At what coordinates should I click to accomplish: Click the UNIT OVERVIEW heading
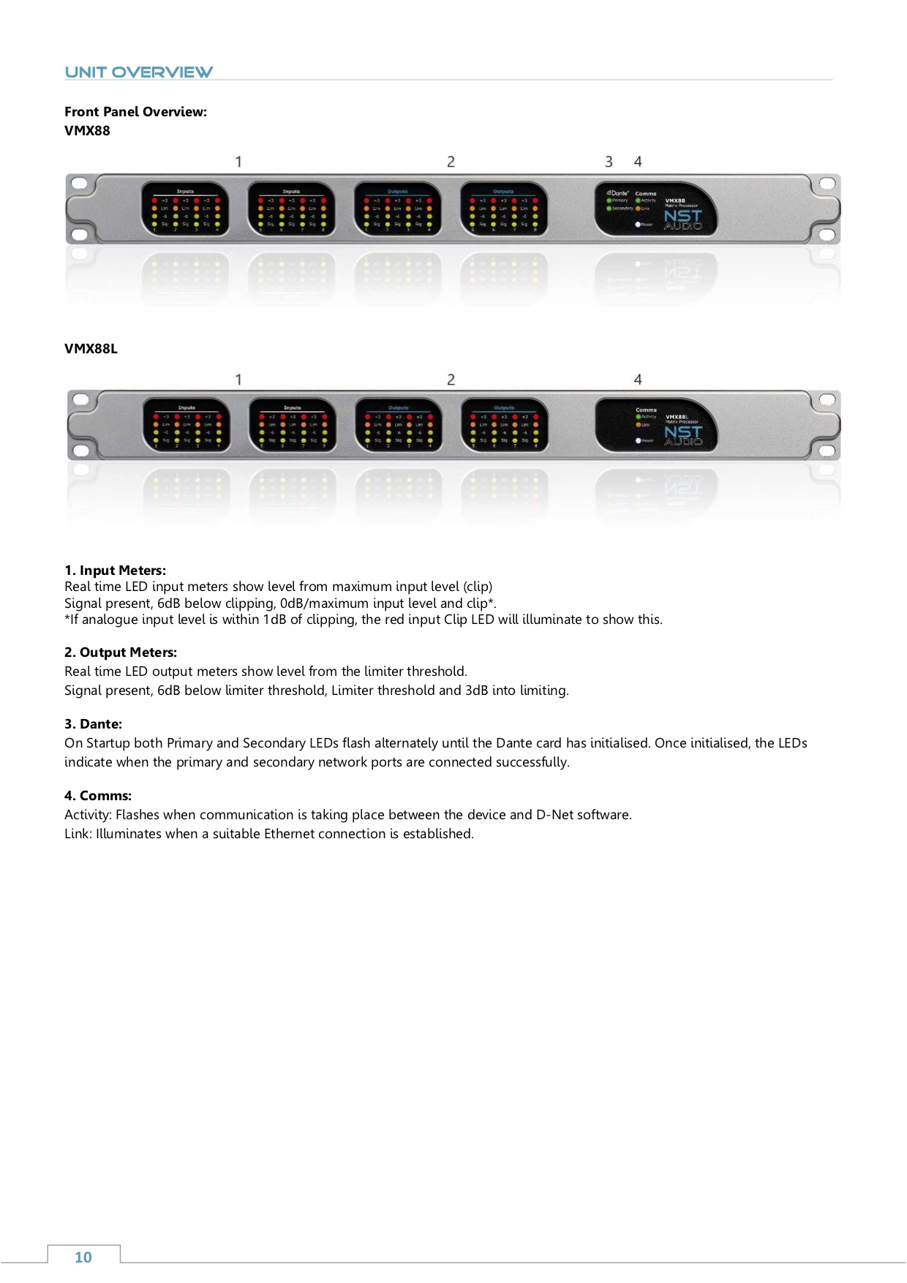(x=138, y=72)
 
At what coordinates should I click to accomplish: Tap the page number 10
(x=83, y=1257)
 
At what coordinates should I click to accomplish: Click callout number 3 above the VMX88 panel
(x=609, y=162)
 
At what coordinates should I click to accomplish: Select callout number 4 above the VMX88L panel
(x=638, y=380)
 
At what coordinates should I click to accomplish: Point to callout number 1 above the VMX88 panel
(x=238, y=162)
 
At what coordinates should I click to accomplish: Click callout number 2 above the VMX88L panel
(x=451, y=380)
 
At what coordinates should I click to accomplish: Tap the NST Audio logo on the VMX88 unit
(x=683, y=219)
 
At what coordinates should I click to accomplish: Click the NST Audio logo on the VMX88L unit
(x=683, y=435)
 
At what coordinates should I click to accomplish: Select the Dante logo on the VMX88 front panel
(x=618, y=193)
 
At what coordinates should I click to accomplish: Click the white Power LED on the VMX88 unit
(x=638, y=225)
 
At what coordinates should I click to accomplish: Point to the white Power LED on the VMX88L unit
(x=639, y=440)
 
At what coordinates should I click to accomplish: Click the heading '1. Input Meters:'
(x=115, y=571)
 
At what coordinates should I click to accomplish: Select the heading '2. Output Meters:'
(x=121, y=652)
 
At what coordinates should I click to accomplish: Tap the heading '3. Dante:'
(x=93, y=724)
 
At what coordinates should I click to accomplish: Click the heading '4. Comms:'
(x=98, y=796)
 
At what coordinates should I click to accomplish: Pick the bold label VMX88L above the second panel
(x=91, y=349)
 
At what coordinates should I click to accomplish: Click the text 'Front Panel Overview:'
(x=135, y=112)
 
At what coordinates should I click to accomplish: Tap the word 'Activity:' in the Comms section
(x=88, y=815)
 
